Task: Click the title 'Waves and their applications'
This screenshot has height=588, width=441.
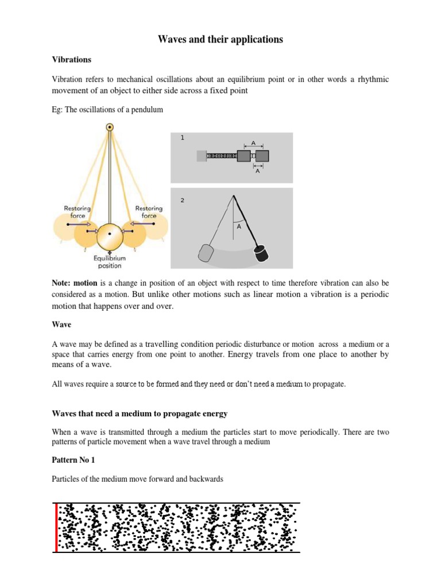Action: point(220,40)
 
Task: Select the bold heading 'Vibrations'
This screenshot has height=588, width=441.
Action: point(71,60)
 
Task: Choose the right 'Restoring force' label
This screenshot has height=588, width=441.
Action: point(149,212)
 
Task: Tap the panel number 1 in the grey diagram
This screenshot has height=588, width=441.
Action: point(182,138)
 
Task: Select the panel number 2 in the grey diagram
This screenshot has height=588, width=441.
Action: point(182,200)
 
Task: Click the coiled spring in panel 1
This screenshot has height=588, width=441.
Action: point(222,156)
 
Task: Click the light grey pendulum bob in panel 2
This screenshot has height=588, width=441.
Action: point(206,253)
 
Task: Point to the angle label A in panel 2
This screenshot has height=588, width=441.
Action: point(237,226)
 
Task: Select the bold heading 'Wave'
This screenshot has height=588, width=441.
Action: point(61,324)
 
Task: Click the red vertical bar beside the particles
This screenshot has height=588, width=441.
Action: point(56,527)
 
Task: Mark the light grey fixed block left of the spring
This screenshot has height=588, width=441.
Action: point(201,156)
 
